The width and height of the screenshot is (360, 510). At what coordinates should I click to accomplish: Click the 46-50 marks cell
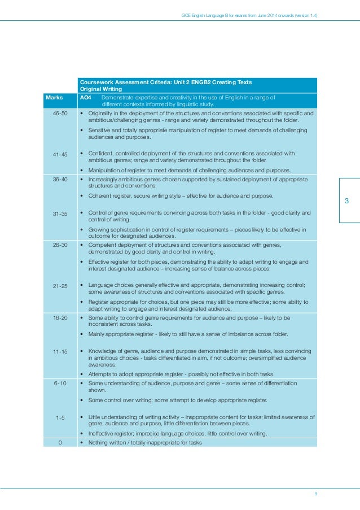coord(60,113)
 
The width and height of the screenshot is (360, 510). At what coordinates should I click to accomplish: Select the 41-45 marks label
coord(60,154)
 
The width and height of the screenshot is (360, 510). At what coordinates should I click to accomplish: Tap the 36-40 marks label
coord(60,179)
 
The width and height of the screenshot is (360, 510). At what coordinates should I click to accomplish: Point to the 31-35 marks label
coord(60,213)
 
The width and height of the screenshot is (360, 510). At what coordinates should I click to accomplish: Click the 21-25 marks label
coord(60,286)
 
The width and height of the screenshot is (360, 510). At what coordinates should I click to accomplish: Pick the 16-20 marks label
coord(60,318)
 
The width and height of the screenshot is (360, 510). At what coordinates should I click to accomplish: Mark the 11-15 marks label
coord(60,352)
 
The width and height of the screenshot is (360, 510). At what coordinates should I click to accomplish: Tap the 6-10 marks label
coord(60,384)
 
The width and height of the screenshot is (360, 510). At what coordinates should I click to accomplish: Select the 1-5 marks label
coord(60,417)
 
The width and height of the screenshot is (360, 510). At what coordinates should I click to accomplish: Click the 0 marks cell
coord(60,442)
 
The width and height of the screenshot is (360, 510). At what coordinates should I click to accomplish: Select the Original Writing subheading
coord(102,89)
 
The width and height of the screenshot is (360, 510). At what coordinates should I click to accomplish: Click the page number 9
coord(315,494)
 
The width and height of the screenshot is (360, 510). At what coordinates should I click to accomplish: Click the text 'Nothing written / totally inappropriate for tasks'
coord(145,442)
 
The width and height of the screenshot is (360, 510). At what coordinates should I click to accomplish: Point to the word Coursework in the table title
coord(95,82)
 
